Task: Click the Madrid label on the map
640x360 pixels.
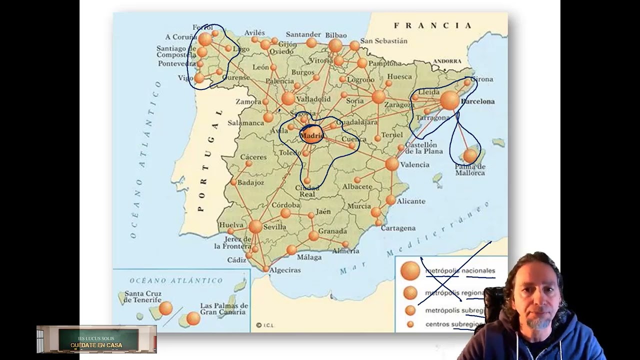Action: (312, 135)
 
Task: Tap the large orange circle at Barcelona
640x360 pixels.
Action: (449, 100)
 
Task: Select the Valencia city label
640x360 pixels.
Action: (414, 164)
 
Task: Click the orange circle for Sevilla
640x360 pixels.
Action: (255, 226)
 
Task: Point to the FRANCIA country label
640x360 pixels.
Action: (432, 25)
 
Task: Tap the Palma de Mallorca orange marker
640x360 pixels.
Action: (470, 156)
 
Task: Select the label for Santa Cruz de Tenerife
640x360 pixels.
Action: (142, 296)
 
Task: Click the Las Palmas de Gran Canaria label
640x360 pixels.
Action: (224, 308)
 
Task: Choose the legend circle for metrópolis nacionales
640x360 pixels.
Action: (410, 270)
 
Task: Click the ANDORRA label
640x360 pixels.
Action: (447, 61)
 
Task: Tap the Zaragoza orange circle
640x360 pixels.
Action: (378, 96)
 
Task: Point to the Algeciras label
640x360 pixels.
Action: (285, 270)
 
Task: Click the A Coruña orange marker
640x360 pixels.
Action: (205, 39)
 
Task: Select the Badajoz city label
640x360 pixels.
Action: (250, 182)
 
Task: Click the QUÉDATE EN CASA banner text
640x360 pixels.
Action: (96, 345)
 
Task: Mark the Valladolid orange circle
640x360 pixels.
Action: (288, 98)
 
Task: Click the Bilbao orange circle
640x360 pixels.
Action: (335, 45)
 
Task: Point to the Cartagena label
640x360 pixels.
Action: (398, 228)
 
